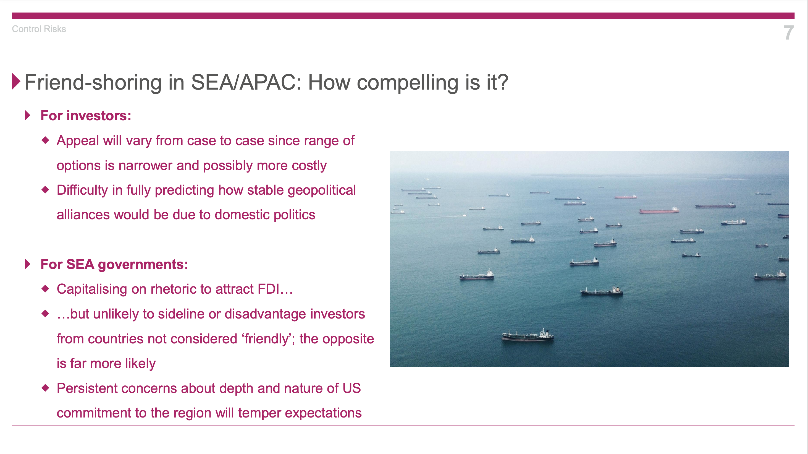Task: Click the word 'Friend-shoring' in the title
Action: [x=93, y=82]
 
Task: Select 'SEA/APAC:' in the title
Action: [x=246, y=82]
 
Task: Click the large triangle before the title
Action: [x=16, y=81]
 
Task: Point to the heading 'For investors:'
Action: [x=86, y=116]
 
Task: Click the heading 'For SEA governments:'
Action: [x=114, y=264]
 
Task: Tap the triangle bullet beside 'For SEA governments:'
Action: [x=28, y=264]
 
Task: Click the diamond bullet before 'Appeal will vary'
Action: [x=46, y=140]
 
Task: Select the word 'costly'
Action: [x=309, y=166]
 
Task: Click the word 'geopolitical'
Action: [x=321, y=191]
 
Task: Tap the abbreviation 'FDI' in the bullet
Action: [x=269, y=289]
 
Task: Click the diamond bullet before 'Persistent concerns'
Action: [x=46, y=388]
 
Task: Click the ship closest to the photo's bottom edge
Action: [x=528, y=335]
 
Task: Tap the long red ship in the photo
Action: [x=659, y=210]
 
